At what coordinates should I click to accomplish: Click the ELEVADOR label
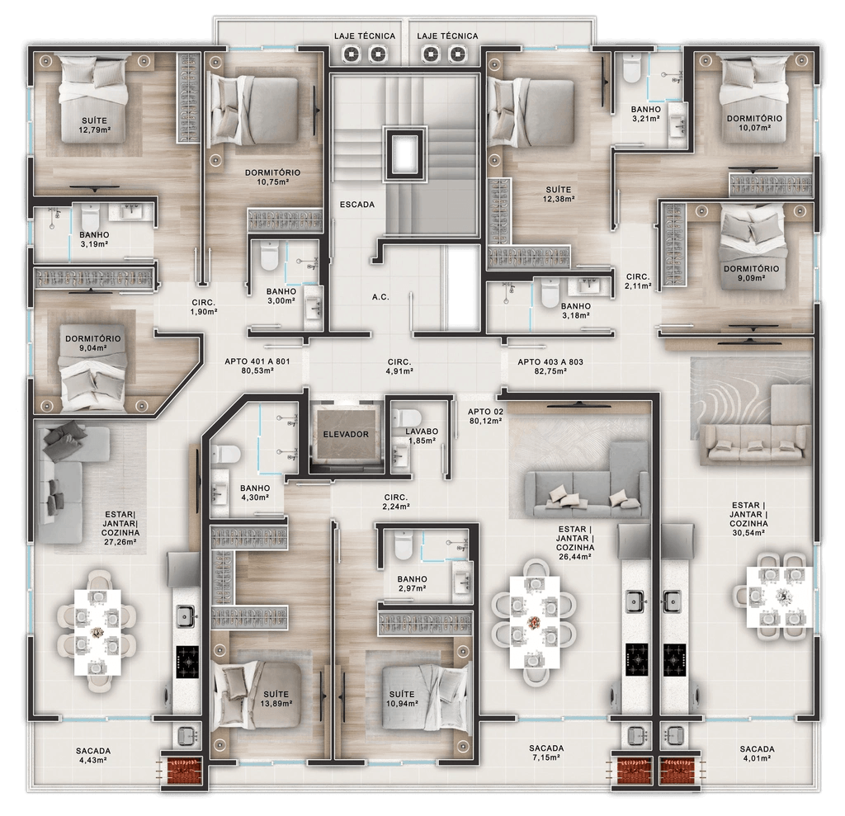[x=346, y=433]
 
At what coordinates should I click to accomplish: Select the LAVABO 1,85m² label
[x=421, y=436]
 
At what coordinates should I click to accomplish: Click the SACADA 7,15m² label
[x=546, y=752]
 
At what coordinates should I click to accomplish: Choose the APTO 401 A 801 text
[x=257, y=366]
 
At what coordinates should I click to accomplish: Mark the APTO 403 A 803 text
[x=550, y=366]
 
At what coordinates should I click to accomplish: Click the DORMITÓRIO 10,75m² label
[x=272, y=177]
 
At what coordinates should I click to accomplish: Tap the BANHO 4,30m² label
[x=255, y=493]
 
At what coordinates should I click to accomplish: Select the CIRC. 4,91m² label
[x=400, y=366]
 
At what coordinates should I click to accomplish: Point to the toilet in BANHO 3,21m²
[x=632, y=69]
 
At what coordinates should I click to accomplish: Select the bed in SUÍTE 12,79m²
[x=94, y=92]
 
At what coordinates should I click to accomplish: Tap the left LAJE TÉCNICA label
[x=365, y=36]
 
